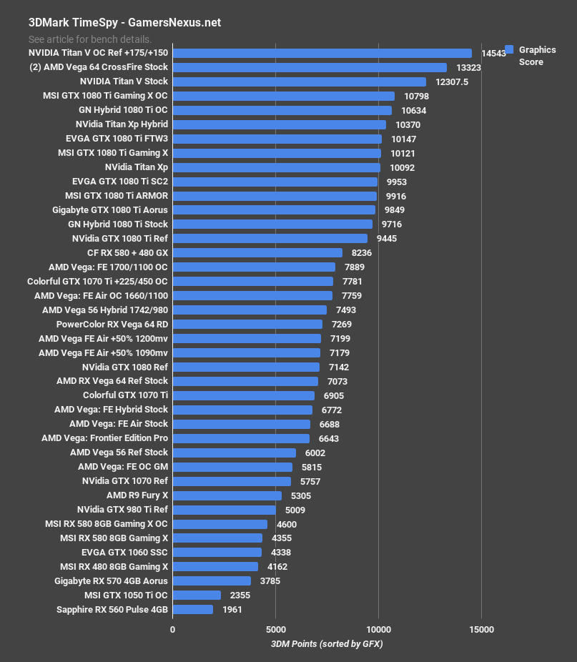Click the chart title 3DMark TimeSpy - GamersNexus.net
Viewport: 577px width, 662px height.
124,22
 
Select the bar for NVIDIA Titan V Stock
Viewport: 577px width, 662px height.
299,81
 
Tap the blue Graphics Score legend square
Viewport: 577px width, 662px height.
509,50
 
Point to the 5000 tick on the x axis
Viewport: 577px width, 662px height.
275,629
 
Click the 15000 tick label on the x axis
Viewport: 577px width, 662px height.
480,629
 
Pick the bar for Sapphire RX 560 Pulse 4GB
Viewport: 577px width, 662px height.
193,610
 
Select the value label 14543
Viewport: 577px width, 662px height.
494,54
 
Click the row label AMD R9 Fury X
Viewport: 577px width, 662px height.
137,495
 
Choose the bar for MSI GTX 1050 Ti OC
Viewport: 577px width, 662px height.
197,596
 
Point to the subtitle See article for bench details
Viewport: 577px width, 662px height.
90,39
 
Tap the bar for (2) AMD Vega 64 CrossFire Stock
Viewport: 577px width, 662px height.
310,67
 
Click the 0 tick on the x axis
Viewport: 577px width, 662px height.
172,629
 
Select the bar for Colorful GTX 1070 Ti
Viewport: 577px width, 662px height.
243,395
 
